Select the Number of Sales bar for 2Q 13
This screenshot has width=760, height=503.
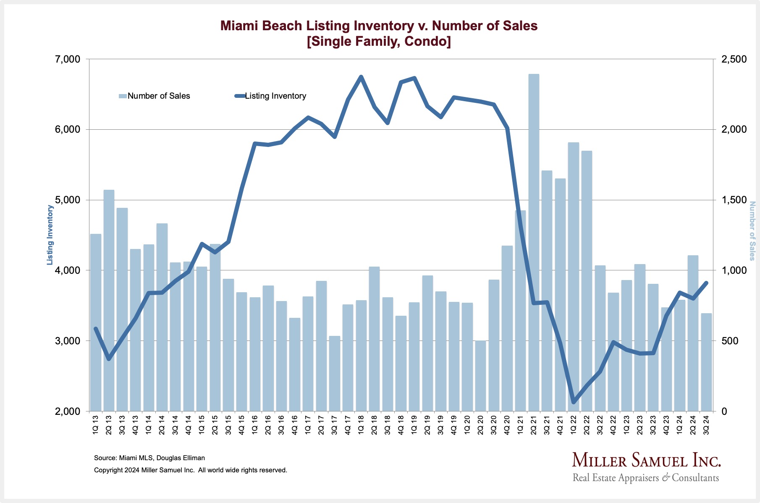tap(109, 300)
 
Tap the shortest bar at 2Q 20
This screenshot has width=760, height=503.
tap(480, 376)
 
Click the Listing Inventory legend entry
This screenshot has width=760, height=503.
tap(270, 96)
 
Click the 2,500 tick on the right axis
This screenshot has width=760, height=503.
tap(734, 59)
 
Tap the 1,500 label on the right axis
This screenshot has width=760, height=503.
tap(734, 200)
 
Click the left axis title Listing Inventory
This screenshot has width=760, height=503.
tap(50, 235)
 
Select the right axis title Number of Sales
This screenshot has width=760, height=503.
tap(752, 231)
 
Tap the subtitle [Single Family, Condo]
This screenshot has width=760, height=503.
tap(379, 42)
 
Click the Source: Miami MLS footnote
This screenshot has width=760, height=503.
tap(149, 458)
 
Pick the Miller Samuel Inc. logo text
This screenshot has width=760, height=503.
tap(646, 461)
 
